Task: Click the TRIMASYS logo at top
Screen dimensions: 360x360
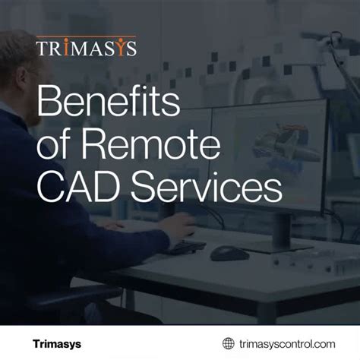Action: [86, 49]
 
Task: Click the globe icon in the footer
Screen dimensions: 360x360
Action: [228, 343]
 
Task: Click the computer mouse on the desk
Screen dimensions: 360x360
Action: [229, 253]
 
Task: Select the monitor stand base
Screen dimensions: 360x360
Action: [283, 244]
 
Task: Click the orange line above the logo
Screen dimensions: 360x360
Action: [86, 36]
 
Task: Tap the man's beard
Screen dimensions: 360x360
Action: [30, 114]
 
